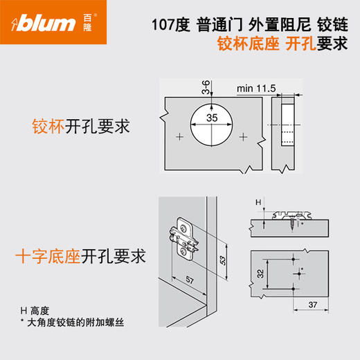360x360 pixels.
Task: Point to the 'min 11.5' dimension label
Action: pyautogui.click(x=256, y=89)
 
